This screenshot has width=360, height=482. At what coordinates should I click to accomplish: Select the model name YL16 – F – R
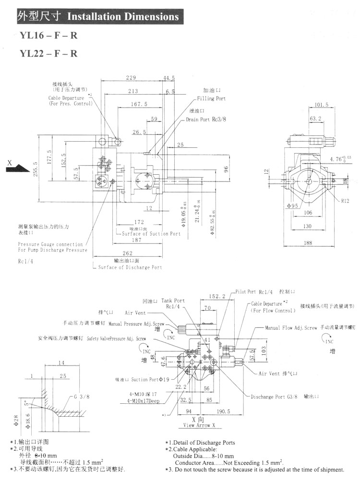(48, 36)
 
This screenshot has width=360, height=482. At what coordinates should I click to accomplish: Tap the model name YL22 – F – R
(48, 53)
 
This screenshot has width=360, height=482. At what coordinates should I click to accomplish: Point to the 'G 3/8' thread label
(82, 397)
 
